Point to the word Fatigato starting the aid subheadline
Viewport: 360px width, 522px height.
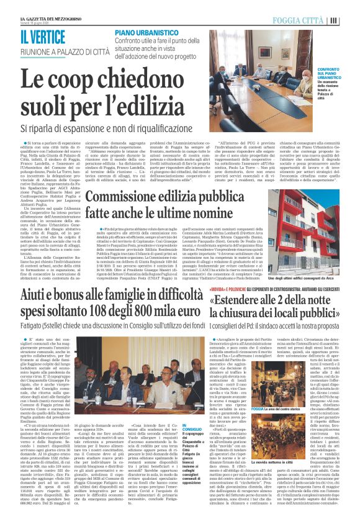pyautogui.click(x=34, y=341)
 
